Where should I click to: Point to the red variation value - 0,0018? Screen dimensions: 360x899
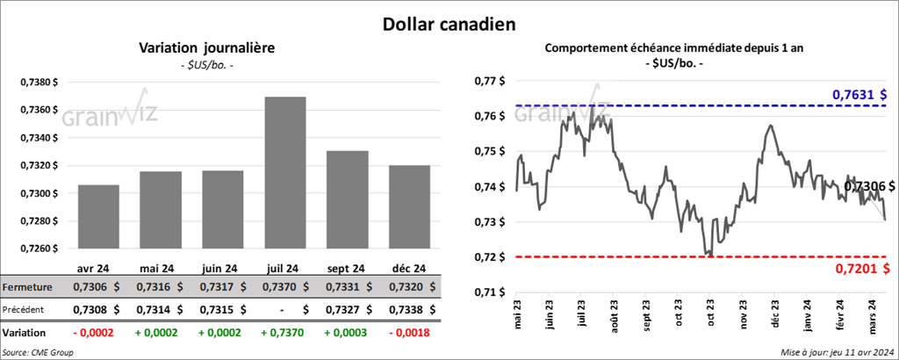point(406,333)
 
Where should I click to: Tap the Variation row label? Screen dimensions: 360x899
point(25,333)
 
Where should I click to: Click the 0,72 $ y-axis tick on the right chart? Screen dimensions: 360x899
point(489,257)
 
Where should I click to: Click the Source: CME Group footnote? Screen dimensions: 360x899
point(38,352)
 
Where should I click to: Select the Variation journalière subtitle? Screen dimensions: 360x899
point(207,48)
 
